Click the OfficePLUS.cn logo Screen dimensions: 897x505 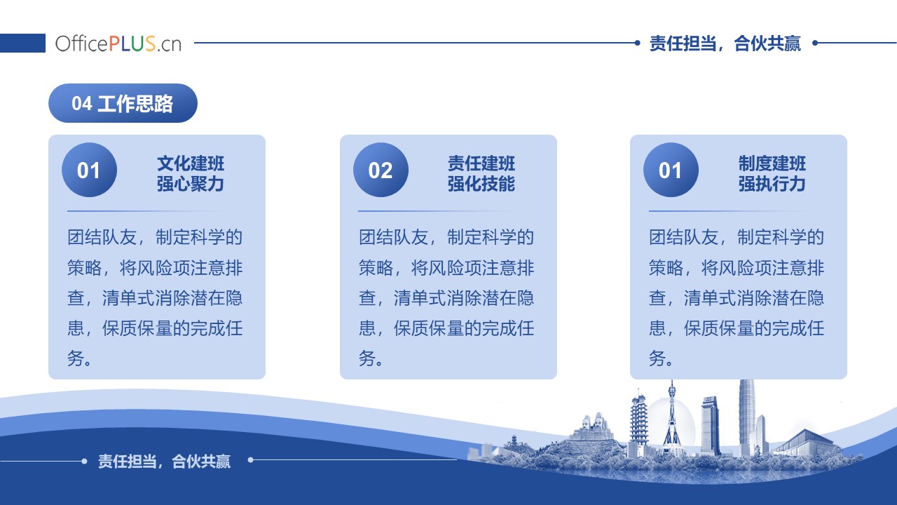click(x=118, y=43)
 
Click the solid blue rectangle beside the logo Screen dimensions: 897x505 click(x=22, y=43)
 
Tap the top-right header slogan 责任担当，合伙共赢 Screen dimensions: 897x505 click(x=725, y=43)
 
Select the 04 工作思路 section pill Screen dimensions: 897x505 click(x=123, y=103)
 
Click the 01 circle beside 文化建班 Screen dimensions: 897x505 click(x=89, y=170)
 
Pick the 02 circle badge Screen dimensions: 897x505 click(x=381, y=170)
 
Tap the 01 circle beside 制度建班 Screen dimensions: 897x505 click(x=671, y=170)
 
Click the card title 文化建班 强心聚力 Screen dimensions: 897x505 click(x=190, y=173)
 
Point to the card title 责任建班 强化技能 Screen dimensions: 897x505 click(x=481, y=173)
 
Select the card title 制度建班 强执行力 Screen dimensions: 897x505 click(x=772, y=173)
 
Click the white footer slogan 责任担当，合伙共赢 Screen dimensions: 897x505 click(x=164, y=462)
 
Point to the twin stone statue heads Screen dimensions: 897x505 click(x=593, y=424)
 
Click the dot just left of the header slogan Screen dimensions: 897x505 click(x=638, y=43)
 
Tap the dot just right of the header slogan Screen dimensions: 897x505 click(x=815, y=43)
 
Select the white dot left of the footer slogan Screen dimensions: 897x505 click(x=84, y=462)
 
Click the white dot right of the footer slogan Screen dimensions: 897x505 click(x=251, y=460)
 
